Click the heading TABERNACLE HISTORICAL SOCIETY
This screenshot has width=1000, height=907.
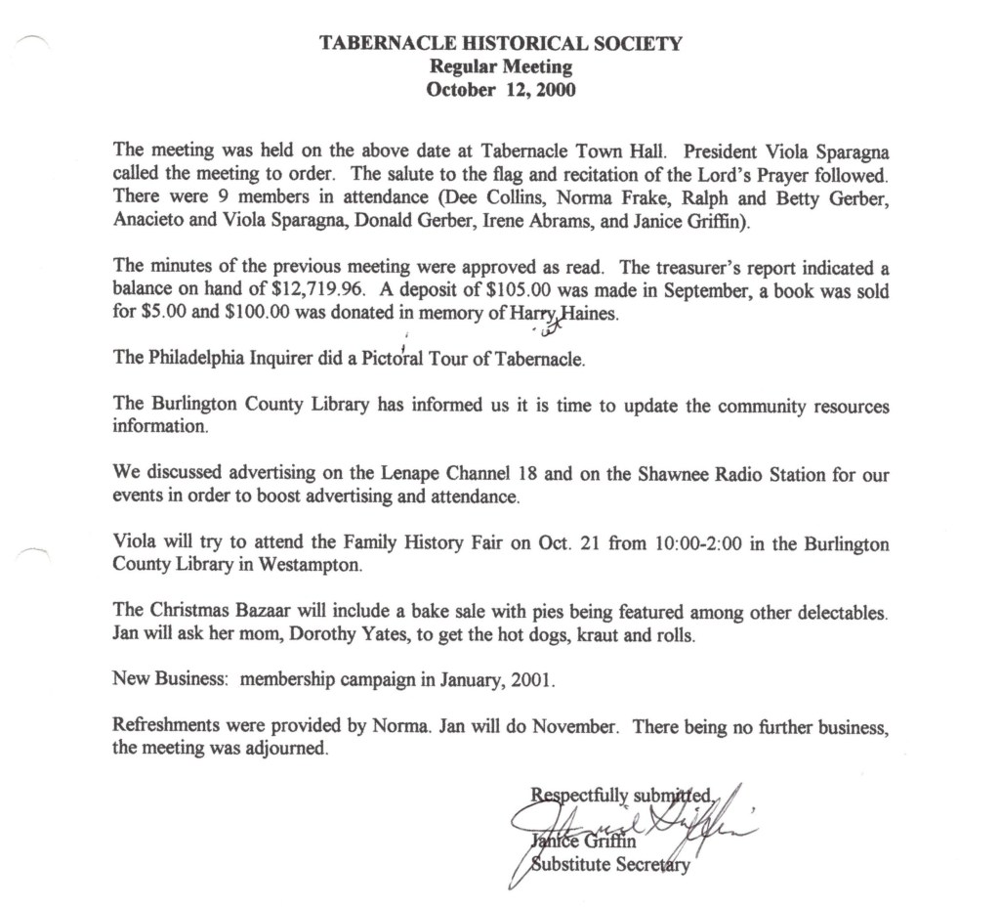500,43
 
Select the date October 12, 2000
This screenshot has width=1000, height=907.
500,91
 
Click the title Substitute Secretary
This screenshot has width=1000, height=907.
609,866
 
